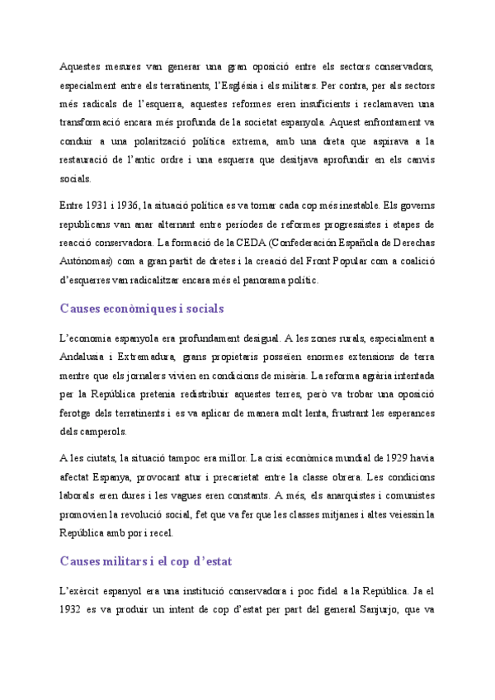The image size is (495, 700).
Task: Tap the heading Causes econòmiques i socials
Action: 142,309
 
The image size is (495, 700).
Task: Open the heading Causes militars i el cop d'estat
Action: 146,561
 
